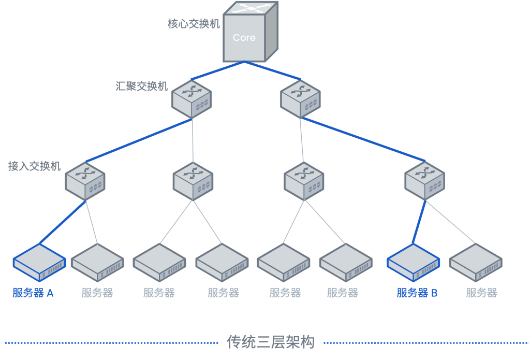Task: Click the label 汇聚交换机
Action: (x=141, y=87)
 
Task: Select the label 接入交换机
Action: (x=34, y=166)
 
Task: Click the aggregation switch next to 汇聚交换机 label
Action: (x=192, y=98)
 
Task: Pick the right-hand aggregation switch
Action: (x=300, y=98)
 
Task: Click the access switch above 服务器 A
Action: (x=85, y=181)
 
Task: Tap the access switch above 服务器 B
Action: (x=424, y=181)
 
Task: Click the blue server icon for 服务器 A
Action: (x=39, y=263)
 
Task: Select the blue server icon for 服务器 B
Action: (x=413, y=263)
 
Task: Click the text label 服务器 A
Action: (x=33, y=293)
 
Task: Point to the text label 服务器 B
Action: (x=417, y=293)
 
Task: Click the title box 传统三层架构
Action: (x=271, y=342)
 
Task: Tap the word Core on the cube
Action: (x=244, y=38)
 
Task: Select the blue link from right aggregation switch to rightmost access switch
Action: (x=362, y=139)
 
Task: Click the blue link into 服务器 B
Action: (x=419, y=223)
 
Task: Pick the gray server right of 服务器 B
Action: (x=475, y=263)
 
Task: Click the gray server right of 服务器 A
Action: (x=97, y=263)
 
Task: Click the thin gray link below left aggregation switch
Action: (x=193, y=140)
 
